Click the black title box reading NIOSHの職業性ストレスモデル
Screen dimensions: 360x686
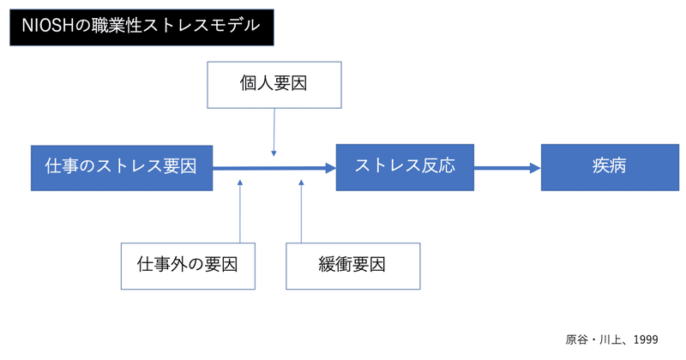(x=141, y=26)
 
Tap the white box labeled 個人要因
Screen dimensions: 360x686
(x=273, y=84)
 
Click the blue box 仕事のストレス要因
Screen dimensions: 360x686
(x=121, y=166)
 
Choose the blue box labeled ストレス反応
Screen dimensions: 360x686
(x=404, y=166)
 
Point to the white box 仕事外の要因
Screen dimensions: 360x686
(x=187, y=265)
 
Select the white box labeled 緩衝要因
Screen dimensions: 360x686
(x=352, y=265)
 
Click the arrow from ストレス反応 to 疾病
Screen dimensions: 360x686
(x=506, y=167)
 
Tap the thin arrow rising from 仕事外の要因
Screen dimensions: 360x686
(x=240, y=210)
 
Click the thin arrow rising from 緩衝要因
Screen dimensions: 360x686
(x=302, y=210)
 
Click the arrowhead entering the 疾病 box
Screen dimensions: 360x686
(x=536, y=167)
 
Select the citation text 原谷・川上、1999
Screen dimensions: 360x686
(x=611, y=339)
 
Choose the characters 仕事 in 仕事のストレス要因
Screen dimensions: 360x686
(x=61, y=166)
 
